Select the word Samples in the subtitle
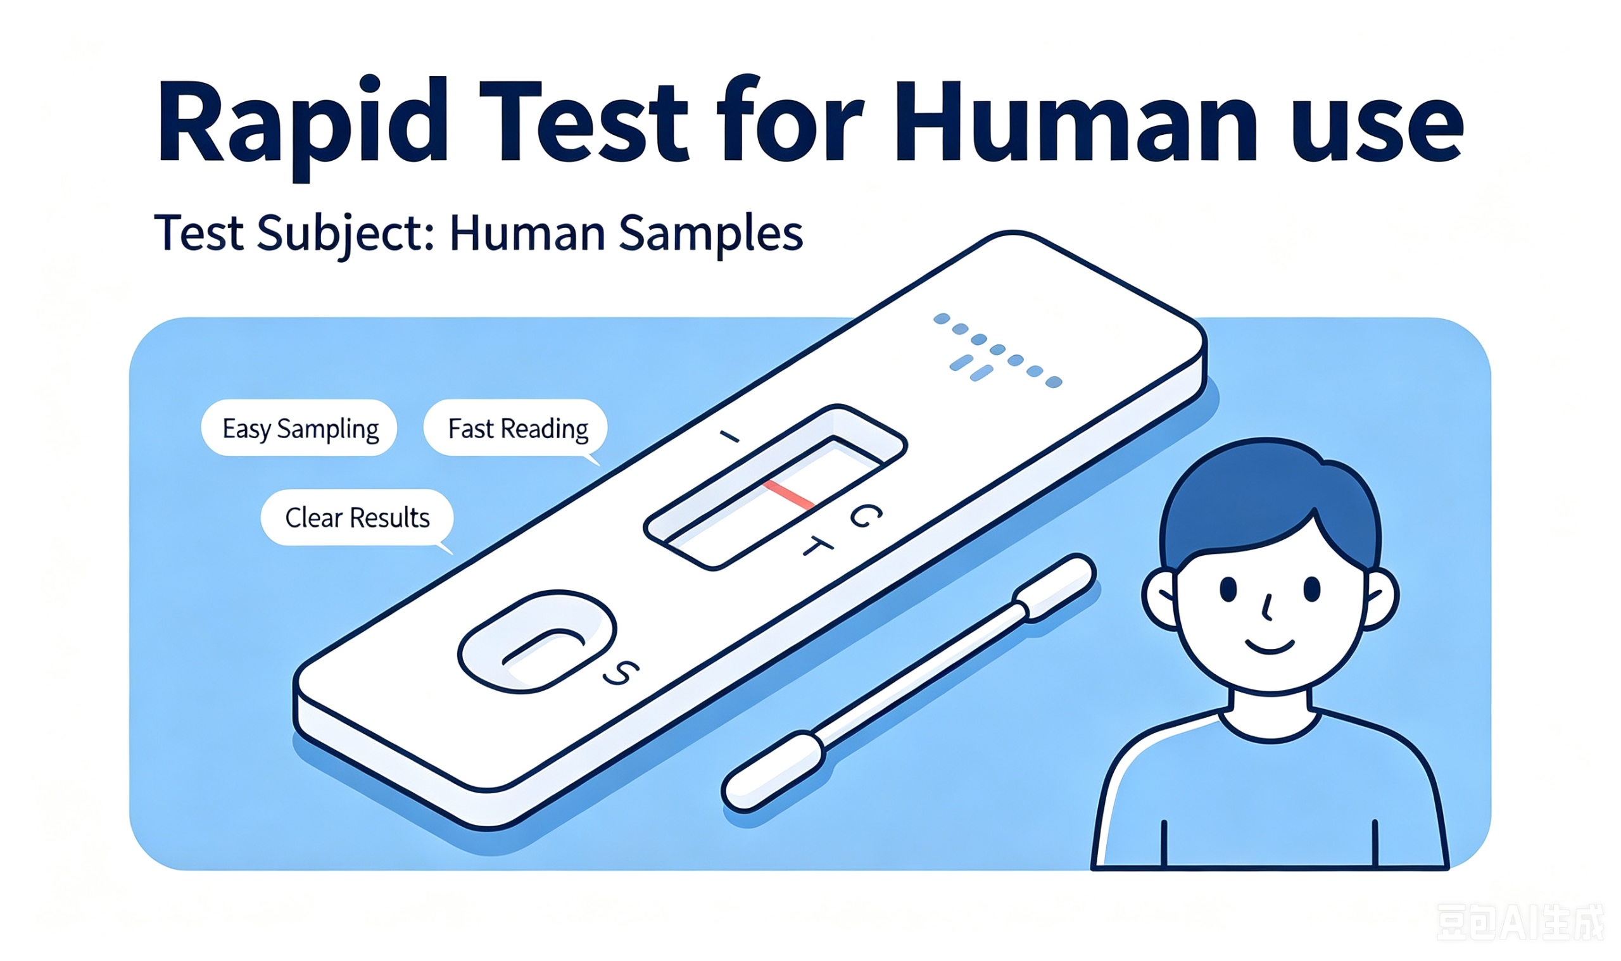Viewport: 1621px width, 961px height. pyautogui.click(x=710, y=234)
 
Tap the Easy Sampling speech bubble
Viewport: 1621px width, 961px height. pyautogui.click(x=300, y=428)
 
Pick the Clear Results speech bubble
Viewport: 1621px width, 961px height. pyautogui.click(x=358, y=518)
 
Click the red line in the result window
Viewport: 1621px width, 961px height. pyautogui.click(x=788, y=495)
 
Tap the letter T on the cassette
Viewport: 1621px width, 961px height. pyautogui.click(x=817, y=546)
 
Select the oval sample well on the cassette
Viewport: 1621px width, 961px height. pyautogui.click(x=537, y=642)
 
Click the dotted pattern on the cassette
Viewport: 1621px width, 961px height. pyautogui.click(x=997, y=349)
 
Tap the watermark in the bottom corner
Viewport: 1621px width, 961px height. pyautogui.click(x=1520, y=922)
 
